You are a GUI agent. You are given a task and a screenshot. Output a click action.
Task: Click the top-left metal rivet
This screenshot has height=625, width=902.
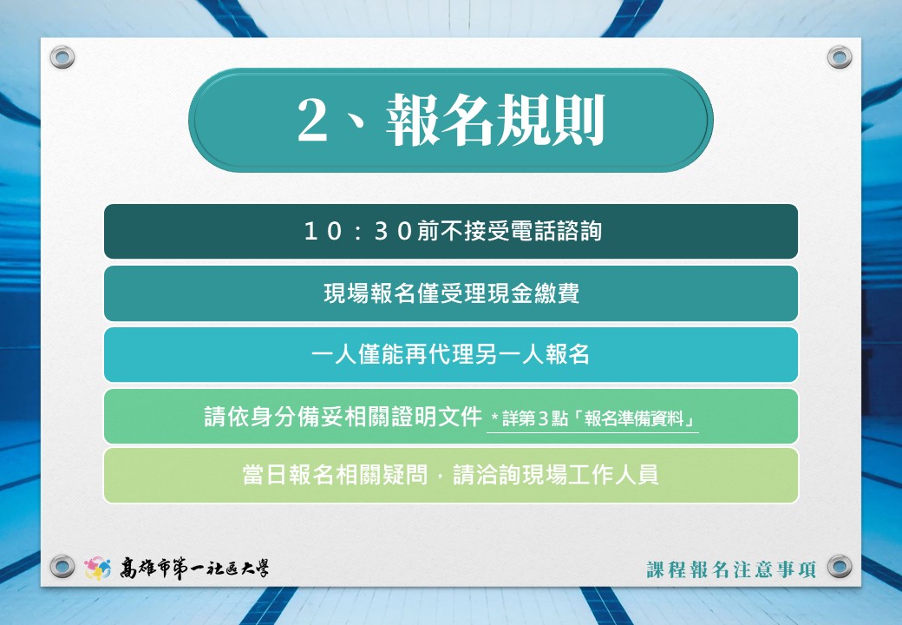62,57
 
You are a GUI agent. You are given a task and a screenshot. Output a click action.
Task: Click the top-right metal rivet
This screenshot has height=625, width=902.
840,57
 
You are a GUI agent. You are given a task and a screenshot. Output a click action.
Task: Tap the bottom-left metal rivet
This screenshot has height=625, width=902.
62,566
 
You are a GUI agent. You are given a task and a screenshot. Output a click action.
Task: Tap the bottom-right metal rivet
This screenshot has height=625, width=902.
840,566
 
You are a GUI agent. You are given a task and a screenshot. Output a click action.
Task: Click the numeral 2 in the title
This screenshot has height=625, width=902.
312,120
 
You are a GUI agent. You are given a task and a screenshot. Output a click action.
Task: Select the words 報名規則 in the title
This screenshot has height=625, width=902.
495,120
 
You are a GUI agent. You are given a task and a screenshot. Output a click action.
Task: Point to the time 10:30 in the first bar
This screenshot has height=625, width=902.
358,232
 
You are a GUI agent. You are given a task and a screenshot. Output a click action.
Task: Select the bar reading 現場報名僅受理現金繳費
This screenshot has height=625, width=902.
451,293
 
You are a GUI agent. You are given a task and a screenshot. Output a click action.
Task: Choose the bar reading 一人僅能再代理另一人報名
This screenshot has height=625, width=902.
451,354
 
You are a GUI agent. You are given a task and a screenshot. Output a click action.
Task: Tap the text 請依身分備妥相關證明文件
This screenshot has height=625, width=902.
343,417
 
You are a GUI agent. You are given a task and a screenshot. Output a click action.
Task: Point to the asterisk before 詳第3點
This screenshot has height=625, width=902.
494,416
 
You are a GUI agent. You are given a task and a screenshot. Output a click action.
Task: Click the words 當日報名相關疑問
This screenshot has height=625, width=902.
336,476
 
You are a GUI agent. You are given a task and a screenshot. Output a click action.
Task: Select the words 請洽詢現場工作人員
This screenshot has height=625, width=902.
556,476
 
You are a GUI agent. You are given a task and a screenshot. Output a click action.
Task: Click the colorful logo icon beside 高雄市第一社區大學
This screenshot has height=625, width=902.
98,568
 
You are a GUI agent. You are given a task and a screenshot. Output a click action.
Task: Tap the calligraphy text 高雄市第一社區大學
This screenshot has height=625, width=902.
194,568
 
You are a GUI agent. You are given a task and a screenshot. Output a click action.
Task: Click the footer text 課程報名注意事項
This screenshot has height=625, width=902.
732,569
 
